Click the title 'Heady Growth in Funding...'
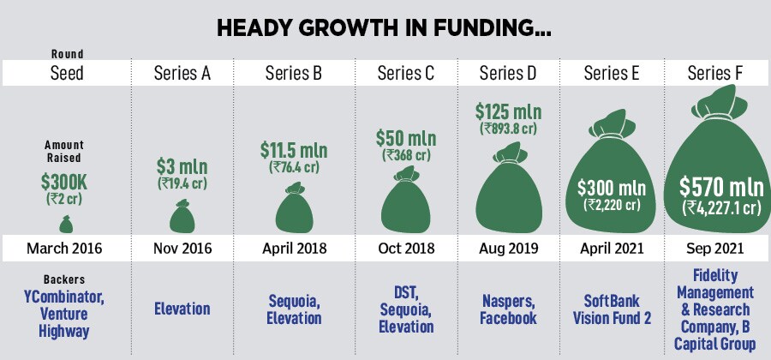385,27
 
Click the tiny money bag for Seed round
65,225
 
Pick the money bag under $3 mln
182,216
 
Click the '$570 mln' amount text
716,186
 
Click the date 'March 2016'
65,249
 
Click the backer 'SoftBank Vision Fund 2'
612,309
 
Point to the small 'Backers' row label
65,279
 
